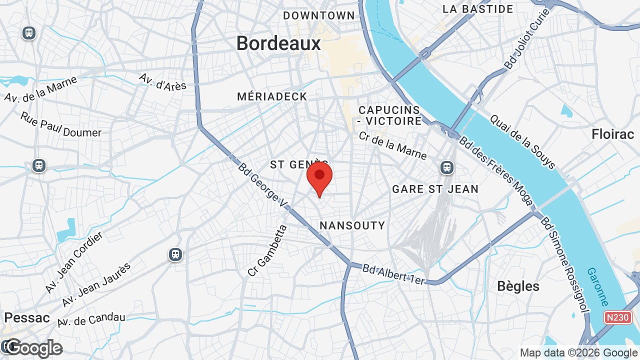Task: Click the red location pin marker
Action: click(319, 178)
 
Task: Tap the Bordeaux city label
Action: click(278, 43)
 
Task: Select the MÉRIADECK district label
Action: click(272, 96)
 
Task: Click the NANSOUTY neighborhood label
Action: click(352, 225)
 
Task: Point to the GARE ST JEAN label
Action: click(435, 189)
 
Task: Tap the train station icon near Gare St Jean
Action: click(447, 167)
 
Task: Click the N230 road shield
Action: click(618, 317)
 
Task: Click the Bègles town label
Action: click(518, 286)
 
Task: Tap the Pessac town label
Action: click(27, 317)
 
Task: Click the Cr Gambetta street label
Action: click(267, 250)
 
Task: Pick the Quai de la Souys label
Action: click(522, 142)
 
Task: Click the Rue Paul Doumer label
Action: click(60, 125)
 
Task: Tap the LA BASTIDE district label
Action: click(478, 9)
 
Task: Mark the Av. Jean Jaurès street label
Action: click(96, 285)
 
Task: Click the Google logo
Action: click(34, 348)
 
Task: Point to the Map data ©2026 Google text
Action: click(578, 352)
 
